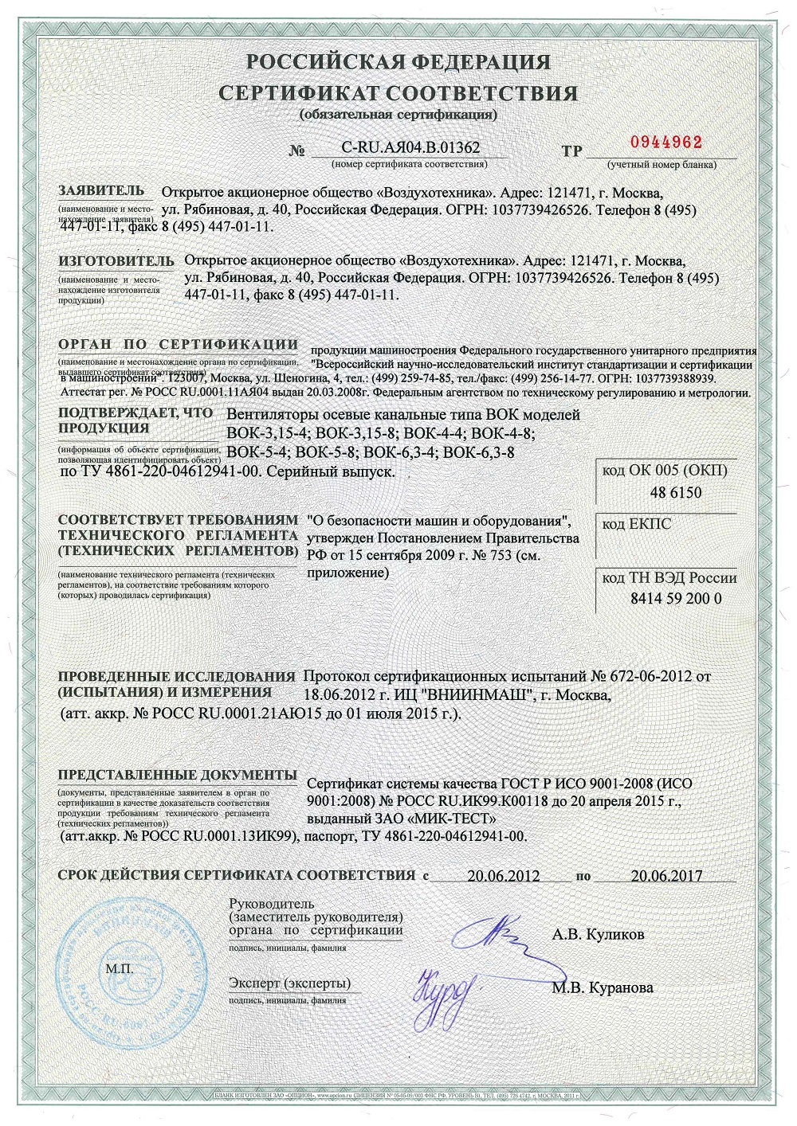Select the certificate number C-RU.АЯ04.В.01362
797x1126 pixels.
click(410, 147)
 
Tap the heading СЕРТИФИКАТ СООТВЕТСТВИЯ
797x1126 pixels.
click(398, 93)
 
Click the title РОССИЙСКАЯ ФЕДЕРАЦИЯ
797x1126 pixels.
click(398, 62)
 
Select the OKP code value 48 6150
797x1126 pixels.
click(676, 492)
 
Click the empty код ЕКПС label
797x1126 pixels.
click(637, 524)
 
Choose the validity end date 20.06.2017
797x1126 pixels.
click(666, 876)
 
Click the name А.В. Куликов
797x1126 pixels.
click(598, 934)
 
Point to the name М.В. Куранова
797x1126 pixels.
click(603, 987)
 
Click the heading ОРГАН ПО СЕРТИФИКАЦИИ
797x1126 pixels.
click(178, 345)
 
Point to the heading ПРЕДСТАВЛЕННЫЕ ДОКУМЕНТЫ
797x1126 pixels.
click(176, 775)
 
